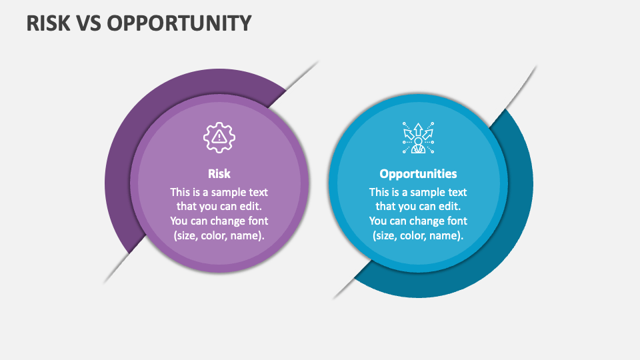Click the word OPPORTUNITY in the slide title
(x=179, y=23)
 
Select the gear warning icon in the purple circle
(x=219, y=137)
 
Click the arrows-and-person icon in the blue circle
(x=419, y=138)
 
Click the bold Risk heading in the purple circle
(x=219, y=174)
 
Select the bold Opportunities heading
(x=419, y=174)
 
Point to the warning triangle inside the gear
(x=219, y=136)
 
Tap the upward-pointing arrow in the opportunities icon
(x=419, y=130)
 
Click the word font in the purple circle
(x=259, y=221)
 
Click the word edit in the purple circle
(x=250, y=207)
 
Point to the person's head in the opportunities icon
(x=419, y=141)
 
